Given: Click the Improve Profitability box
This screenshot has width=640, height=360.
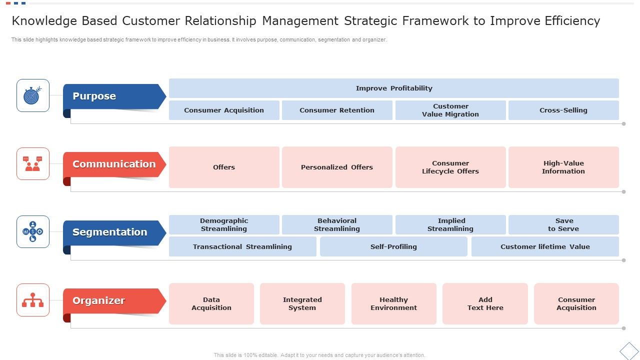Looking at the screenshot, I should (394, 88).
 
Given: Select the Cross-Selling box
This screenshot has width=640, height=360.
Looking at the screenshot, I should (563, 110).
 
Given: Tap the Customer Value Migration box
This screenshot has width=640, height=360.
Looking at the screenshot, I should (450, 110).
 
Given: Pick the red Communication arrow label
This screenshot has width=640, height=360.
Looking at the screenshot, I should (114, 164).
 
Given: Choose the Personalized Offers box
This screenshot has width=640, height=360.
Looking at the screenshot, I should (337, 167).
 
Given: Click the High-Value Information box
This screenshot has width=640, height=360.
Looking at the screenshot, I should (563, 167).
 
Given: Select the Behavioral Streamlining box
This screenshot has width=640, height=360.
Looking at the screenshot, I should (337, 224).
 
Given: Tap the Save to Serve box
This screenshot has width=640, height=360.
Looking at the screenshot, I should (563, 224).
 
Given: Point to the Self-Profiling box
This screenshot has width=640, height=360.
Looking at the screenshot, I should (393, 246).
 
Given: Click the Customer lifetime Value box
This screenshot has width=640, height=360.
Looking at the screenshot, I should (545, 246).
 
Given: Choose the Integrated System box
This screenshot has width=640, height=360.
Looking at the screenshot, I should (302, 303).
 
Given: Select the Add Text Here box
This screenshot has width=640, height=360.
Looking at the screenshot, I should (485, 303).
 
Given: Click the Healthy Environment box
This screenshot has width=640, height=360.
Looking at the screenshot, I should (394, 303).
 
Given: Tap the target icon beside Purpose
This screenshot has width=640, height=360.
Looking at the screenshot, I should (33, 95).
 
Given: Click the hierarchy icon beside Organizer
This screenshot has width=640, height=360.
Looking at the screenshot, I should (33, 300).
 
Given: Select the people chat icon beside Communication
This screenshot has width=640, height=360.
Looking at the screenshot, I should (33, 163).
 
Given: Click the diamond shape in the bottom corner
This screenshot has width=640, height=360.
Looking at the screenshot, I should (629, 350).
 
